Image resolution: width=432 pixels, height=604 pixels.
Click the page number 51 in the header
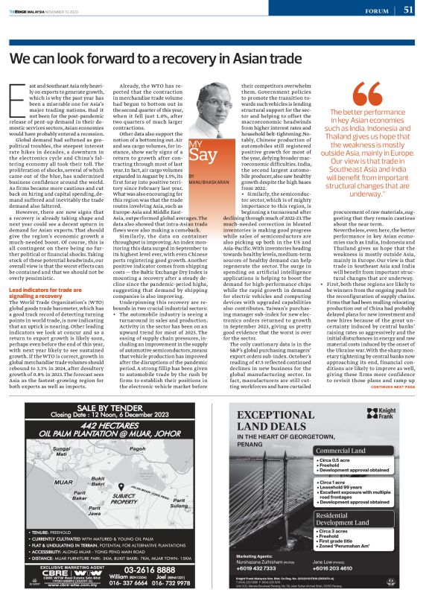point(409,10)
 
